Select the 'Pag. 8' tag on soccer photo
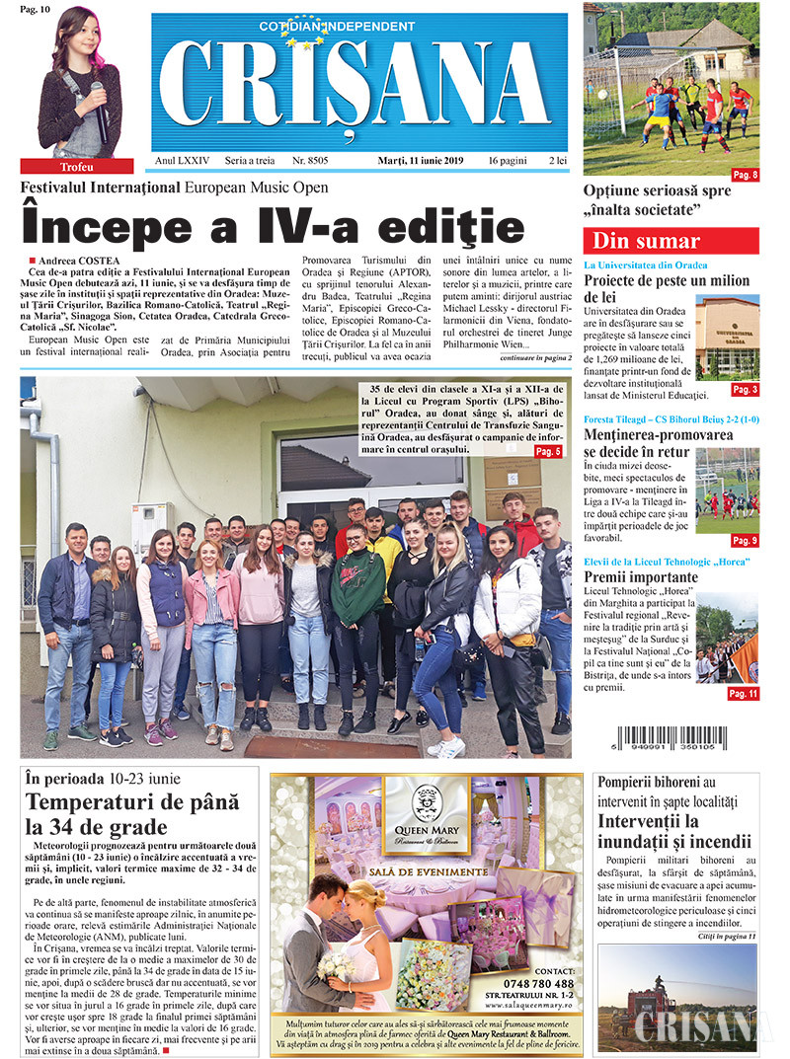point(743,175)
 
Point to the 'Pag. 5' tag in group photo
point(548,451)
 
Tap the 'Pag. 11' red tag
point(743,694)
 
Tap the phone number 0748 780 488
point(537,983)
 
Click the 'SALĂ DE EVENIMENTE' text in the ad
point(426,871)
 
